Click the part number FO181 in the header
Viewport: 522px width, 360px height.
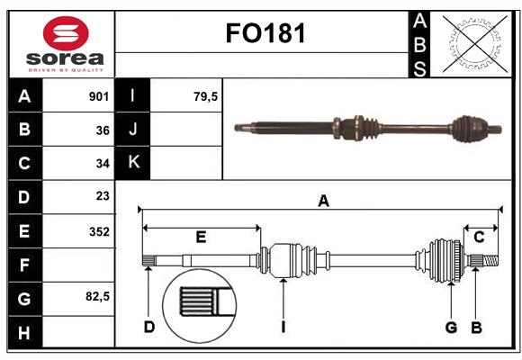[x=265, y=34]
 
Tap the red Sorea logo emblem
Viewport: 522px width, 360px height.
[x=66, y=33]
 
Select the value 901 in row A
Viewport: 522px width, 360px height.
[x=98, y=96]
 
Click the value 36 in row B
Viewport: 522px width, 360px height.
[x=102, y=130]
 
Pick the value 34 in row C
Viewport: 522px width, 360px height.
[x=102, y=164]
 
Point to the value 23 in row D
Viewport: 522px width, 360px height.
[x=102, y=196]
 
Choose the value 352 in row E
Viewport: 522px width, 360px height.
[x=98, y=230]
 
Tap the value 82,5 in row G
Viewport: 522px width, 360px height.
[x=96, y=297]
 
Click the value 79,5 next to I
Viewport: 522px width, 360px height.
[x=206, y=96]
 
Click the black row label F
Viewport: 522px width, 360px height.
[x=24, y=265]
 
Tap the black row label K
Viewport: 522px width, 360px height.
[x=134, y=163]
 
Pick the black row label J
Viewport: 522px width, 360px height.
[x=134, y=130]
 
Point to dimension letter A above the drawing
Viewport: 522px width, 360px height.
[x=323, y=202]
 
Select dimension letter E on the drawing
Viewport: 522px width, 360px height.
[x=201, y=237]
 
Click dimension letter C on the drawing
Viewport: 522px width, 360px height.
[x=479, y=237]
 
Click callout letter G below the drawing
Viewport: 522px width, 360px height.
[x=451, y=327]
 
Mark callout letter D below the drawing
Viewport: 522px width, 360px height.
[x=149, y=327]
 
